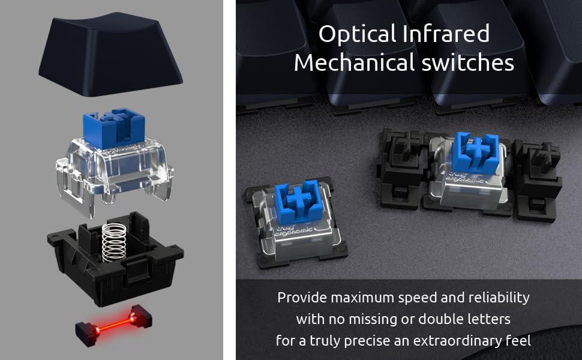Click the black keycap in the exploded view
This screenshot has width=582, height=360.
[x=111, y=54]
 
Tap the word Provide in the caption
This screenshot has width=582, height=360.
[x=298, y=298]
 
